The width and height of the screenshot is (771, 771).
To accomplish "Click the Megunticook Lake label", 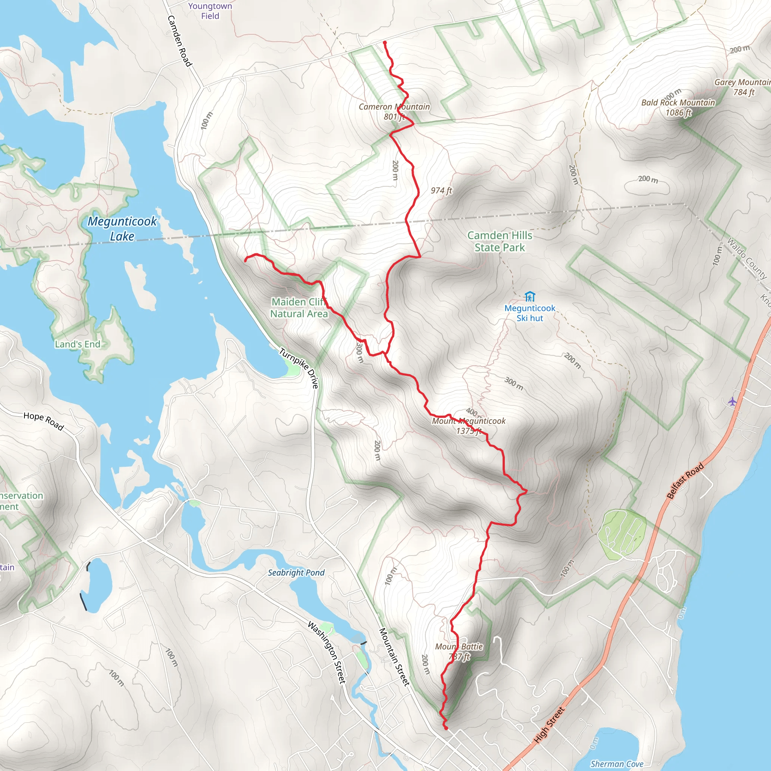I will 122,228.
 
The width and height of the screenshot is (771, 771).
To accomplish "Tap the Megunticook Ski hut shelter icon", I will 530,297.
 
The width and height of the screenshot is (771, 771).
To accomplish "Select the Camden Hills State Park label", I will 500,241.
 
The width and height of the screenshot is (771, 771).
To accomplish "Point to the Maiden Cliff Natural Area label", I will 299,308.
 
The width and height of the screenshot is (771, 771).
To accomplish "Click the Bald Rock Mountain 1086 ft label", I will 678,107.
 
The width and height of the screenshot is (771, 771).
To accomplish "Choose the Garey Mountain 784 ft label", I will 742,87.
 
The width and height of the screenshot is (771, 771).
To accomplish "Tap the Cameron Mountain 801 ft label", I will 394,111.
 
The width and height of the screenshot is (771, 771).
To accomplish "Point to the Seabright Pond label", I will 296,573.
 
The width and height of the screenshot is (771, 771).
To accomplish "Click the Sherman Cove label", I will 617,764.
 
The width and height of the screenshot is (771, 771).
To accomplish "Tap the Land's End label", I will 78,344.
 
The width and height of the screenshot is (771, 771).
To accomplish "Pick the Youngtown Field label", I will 210,11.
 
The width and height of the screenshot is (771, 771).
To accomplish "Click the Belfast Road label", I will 685,481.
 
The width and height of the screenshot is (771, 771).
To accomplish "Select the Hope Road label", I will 44,421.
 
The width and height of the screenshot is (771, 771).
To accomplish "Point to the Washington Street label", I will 326,652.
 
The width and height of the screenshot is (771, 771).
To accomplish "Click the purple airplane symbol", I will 731,401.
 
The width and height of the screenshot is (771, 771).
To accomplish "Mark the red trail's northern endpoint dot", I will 385,42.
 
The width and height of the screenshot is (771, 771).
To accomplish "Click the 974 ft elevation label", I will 441,190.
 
